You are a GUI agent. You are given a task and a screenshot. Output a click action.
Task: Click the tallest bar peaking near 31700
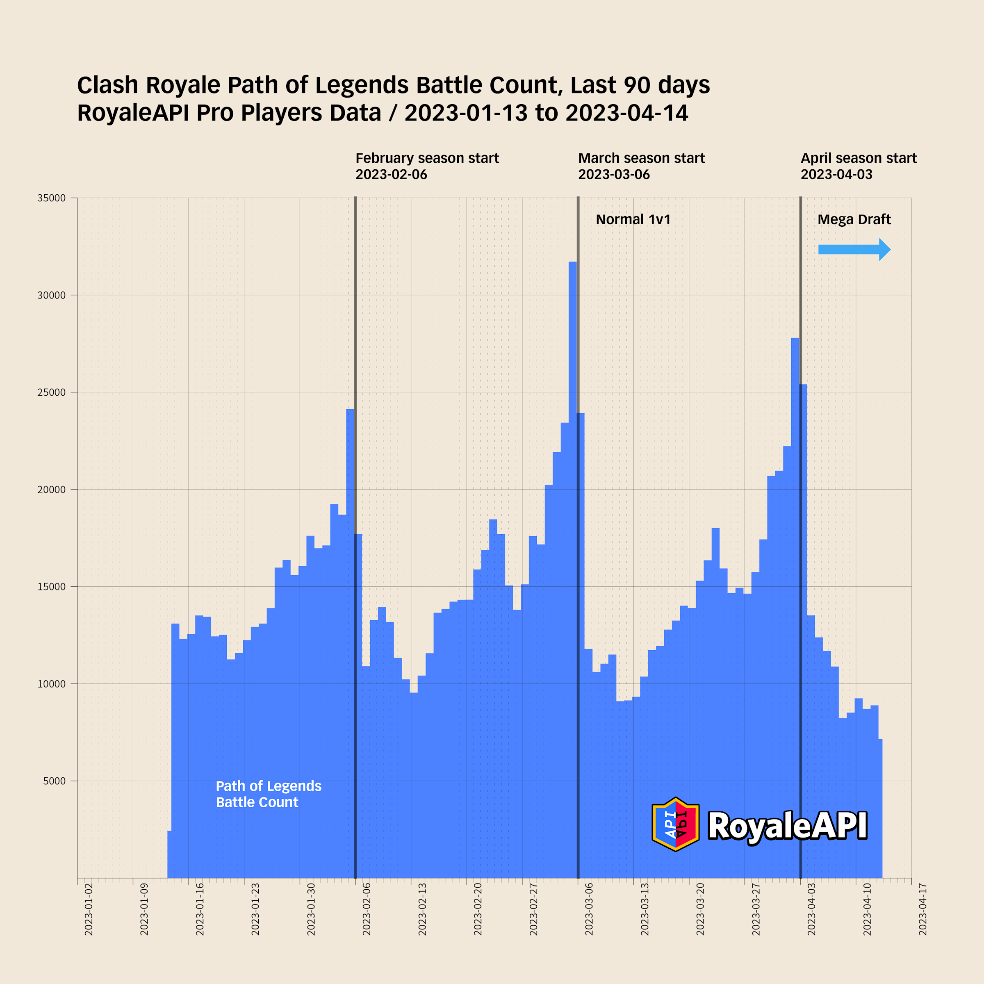[x=572, y=458]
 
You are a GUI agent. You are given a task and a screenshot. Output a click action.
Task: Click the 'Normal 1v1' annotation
[x=633, y=219]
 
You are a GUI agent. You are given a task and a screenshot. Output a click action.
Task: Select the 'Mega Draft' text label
[x=854, y=219]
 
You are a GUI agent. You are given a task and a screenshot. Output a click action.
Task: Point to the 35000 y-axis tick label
[x=51, y=198]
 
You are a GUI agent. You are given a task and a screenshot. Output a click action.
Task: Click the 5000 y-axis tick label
[x=55, y=781]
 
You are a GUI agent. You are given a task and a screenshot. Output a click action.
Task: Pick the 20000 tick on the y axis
[x=51, y=490]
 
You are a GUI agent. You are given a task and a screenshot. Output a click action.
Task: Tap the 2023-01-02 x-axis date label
[x=89, y=917]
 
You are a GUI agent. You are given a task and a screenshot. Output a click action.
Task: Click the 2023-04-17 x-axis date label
[x=922, y=917]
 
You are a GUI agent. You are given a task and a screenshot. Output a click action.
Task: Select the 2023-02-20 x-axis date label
[x=478, y=917]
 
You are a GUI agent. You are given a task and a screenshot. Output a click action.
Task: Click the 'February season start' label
[x=427, y=158]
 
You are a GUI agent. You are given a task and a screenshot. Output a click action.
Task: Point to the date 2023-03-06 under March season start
[x=614, y=175]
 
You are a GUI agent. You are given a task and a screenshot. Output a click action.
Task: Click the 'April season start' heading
[x=858, y=158]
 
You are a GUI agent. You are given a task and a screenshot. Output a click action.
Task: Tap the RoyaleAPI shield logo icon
[x=675, y=824]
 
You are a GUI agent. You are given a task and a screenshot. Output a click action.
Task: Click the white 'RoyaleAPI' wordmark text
[x=787, y=825]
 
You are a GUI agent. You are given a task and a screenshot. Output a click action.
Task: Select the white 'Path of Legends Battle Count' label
[x=269, y=794]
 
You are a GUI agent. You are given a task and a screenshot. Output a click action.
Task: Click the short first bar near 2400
[x=169, y=856]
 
